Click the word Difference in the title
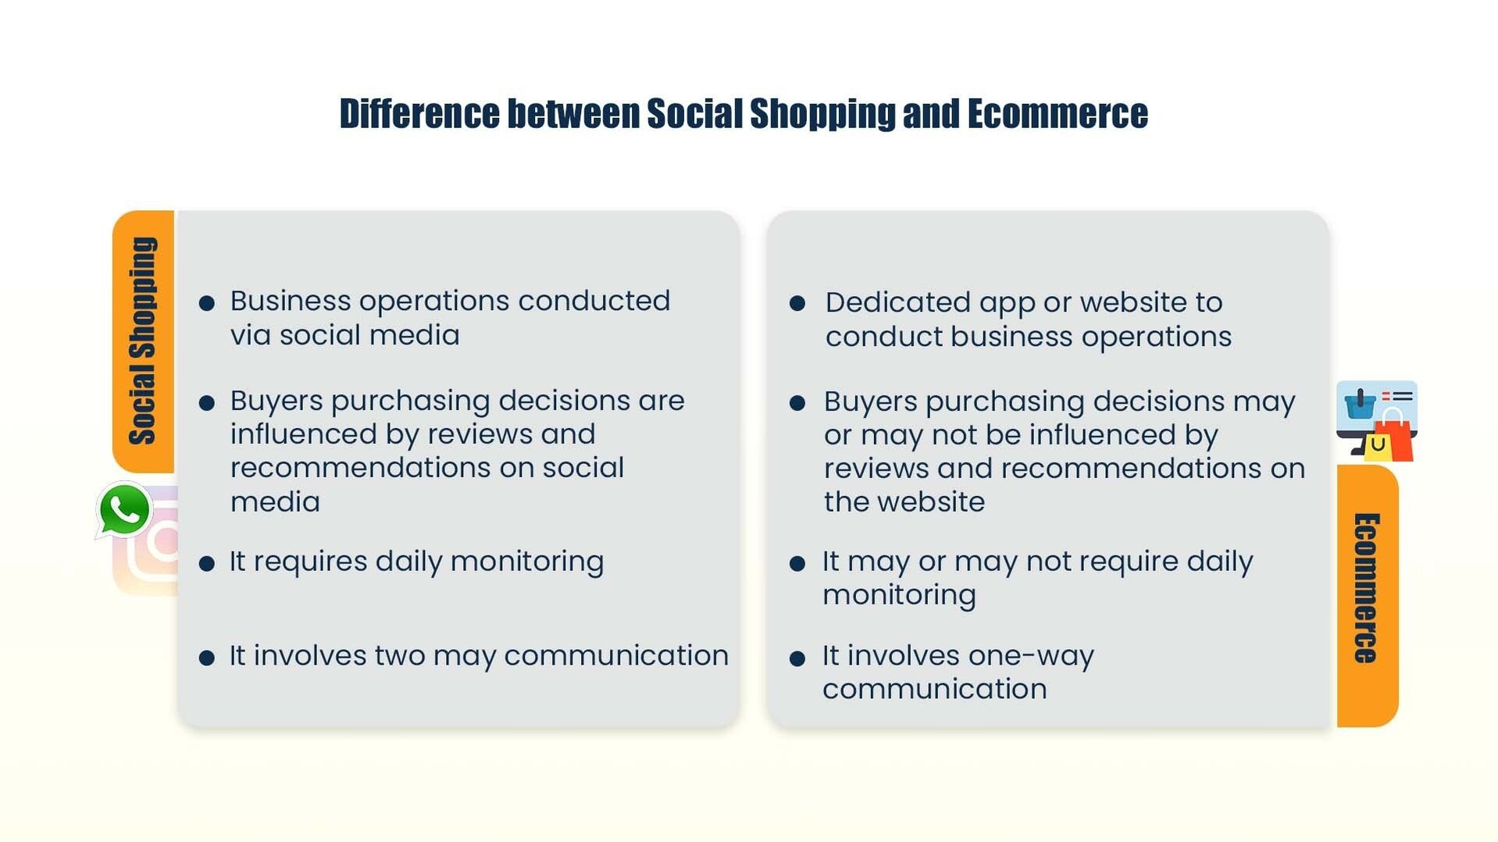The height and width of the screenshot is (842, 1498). pos(419,114)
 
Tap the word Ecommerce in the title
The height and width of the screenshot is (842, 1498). pos(1058,114)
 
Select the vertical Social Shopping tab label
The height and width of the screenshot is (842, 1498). pos(143,341)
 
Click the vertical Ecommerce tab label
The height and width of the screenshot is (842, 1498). pos(1366,588)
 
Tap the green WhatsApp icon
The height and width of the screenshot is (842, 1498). pos(123,509)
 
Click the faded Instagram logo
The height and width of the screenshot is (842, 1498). pos(148,541)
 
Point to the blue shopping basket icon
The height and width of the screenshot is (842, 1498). pos(1360,404)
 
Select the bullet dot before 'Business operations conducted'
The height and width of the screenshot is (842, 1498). pos(207,303)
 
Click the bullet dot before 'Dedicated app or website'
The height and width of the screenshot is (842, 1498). pos(797,303)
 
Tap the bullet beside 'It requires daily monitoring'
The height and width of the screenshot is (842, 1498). pos(207,563)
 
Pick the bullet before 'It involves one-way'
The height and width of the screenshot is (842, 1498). pos(797,658)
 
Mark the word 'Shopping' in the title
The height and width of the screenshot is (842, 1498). pos(822,114)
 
